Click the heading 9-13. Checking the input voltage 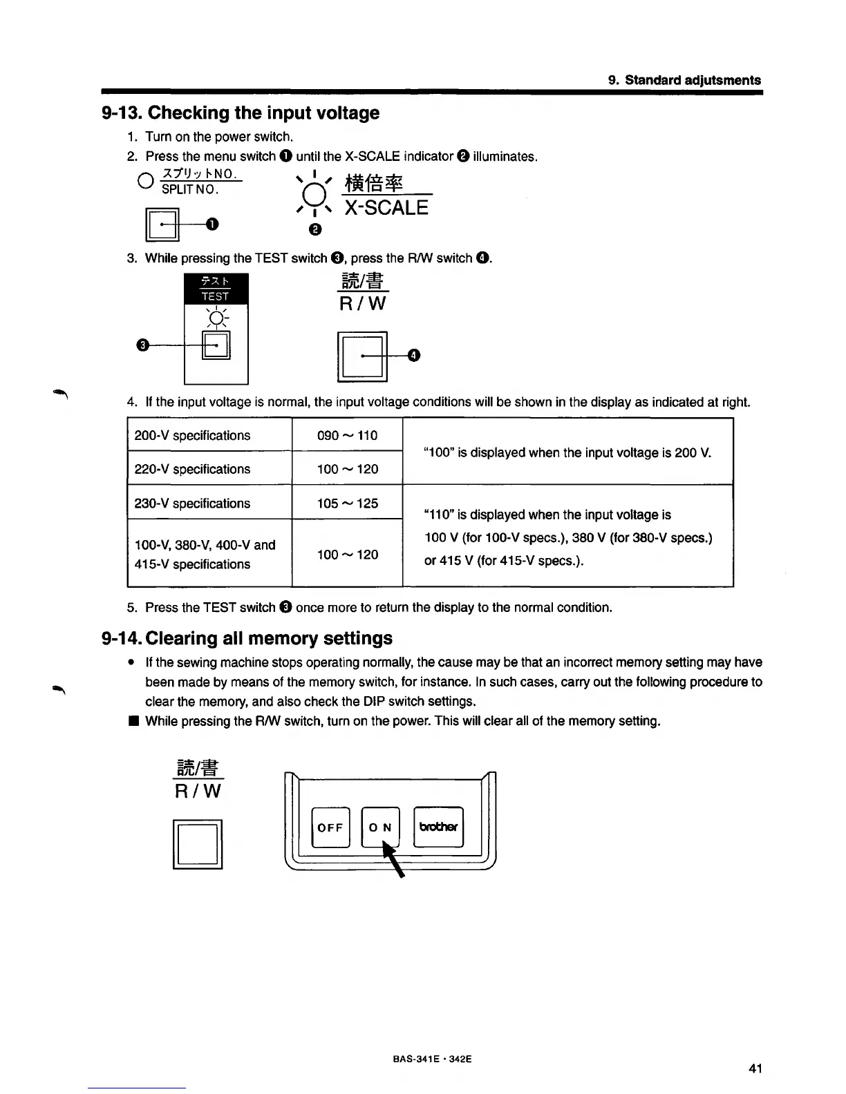coord(241,113)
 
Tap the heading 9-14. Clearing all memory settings coord(247,637)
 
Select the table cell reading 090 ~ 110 coord(347,435)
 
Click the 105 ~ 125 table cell coord(347,503)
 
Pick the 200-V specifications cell coord(192,435)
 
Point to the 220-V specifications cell coord(192,469)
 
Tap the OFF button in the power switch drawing coord(330,827)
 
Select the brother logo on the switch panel coord(438,827)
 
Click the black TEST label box coord(216,289)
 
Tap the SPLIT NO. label coord(191,189)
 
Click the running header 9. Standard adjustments coord(684,80)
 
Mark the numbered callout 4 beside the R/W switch coord(414,356)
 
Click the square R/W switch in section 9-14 coord(198,843)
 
